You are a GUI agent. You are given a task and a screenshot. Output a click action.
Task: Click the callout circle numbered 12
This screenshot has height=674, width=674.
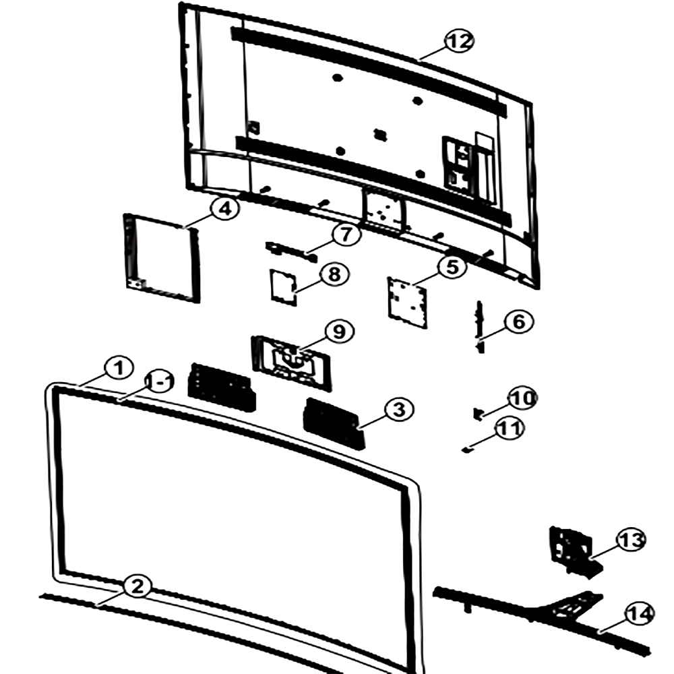coord(460,41)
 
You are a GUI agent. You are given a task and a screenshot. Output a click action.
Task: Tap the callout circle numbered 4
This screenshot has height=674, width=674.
coord(225,208)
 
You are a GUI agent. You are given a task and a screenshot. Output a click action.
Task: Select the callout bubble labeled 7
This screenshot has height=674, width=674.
coord(346,235)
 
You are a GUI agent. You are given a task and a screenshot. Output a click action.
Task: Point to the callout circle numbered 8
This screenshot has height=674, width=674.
coord(334,274)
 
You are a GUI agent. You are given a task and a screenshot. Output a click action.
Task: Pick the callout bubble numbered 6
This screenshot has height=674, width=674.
coord(519,321)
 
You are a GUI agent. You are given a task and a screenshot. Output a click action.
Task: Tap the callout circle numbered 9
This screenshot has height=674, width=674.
coord(340,332)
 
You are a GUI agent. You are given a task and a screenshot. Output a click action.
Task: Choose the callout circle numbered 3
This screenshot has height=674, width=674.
coord(399,409)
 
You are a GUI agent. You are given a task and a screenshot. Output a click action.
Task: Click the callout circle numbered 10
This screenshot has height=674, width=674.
coord(522,398)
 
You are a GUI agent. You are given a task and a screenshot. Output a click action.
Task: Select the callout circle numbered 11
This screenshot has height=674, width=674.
coord(510,429)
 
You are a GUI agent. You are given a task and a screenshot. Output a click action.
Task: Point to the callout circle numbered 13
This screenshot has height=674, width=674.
coord(632,540)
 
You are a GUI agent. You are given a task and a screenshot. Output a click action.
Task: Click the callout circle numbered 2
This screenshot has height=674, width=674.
coord(137,586)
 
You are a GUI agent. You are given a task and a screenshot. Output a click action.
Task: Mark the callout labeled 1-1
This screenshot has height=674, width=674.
coord(159,381)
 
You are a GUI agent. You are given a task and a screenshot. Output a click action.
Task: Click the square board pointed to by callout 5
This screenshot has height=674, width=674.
coord(408,303)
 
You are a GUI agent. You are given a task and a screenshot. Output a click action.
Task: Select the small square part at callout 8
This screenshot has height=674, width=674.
coord(283,287)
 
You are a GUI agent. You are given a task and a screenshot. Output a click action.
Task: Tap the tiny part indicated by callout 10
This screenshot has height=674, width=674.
coord(478,414)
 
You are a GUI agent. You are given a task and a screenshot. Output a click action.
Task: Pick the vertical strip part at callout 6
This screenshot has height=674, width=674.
coord(480,327)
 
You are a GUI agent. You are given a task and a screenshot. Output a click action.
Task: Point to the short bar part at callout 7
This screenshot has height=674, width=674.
coord(291,252)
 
